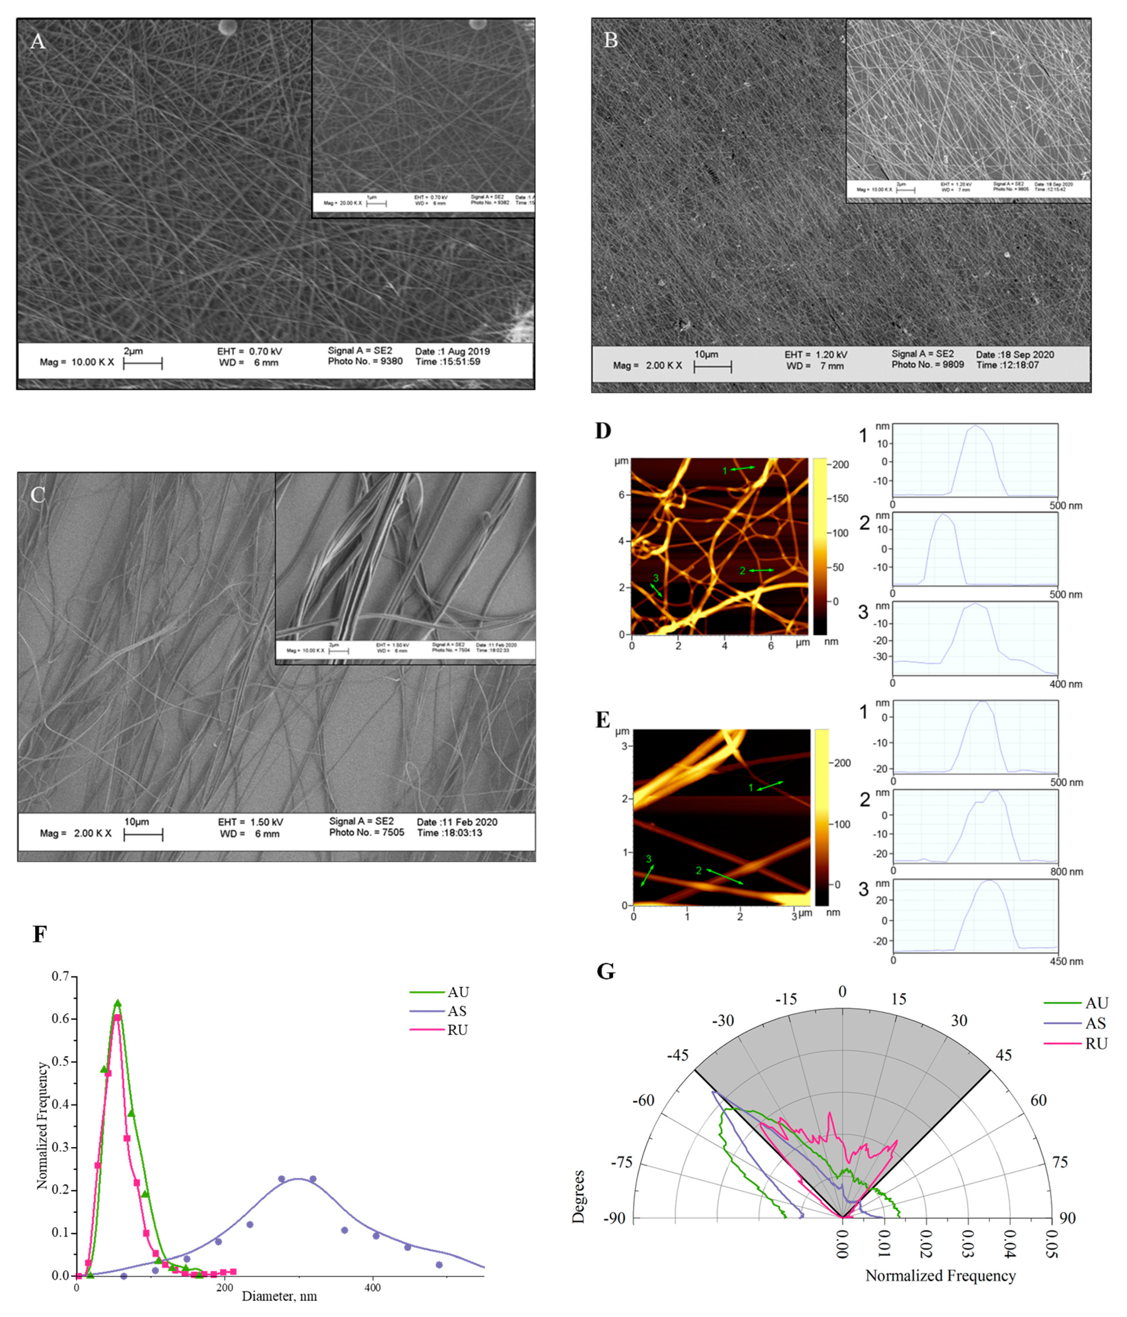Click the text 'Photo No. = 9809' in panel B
pos(928,365)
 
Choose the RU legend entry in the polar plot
pos(1096,1044)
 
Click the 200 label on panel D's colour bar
pos(840,465)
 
